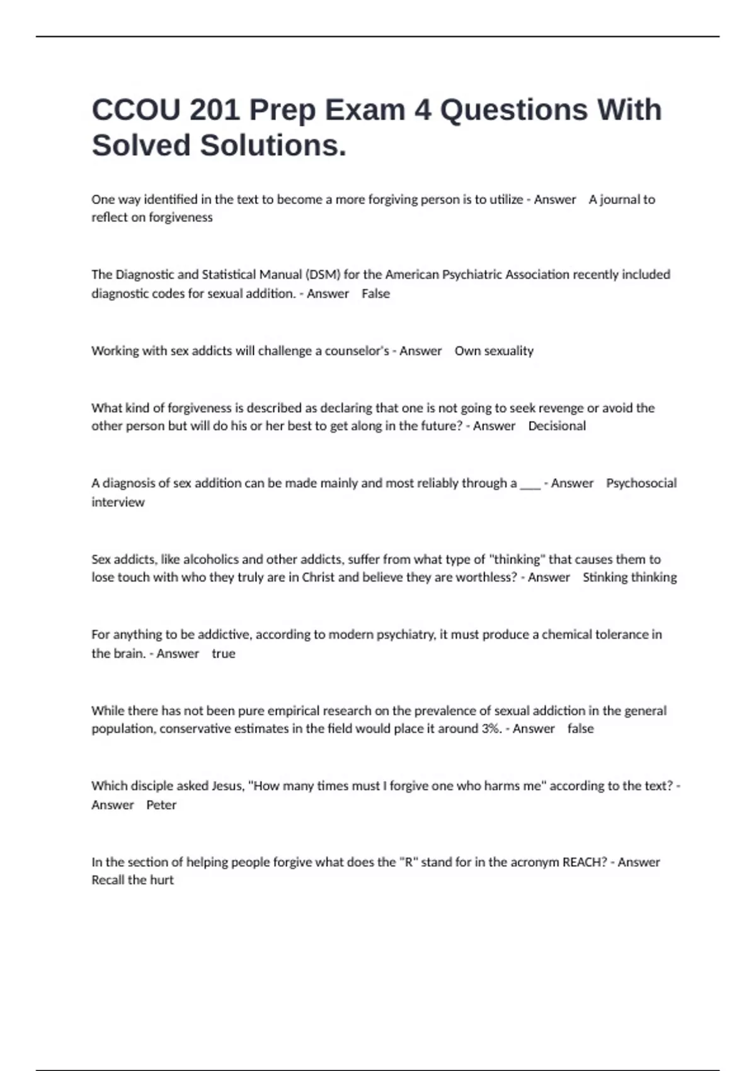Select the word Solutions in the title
(273, 146)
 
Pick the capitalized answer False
(375, 294)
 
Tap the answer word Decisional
(557, 426)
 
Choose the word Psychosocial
(641, 483)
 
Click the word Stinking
(604, 577)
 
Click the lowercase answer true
(223, 653)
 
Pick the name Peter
(161, 805)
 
